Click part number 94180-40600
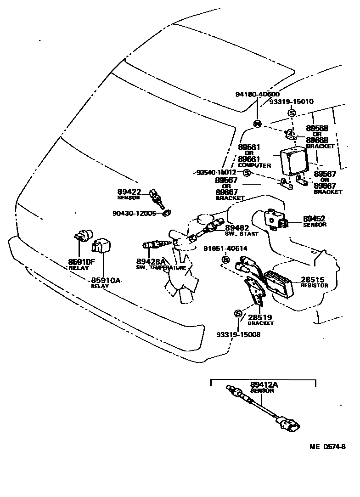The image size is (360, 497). (257, 94)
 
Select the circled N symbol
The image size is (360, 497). (257, 124)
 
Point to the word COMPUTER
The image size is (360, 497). (254, 165)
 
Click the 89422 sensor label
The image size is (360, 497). (129, 192)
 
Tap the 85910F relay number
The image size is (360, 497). (81, 262)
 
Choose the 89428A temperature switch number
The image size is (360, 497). (150, 261)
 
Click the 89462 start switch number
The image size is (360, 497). (237, 227)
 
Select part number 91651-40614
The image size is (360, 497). (225, 248)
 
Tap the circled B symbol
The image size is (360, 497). (225, 260)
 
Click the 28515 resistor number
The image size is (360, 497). (313, 279)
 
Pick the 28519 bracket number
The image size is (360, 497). (260, 317)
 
